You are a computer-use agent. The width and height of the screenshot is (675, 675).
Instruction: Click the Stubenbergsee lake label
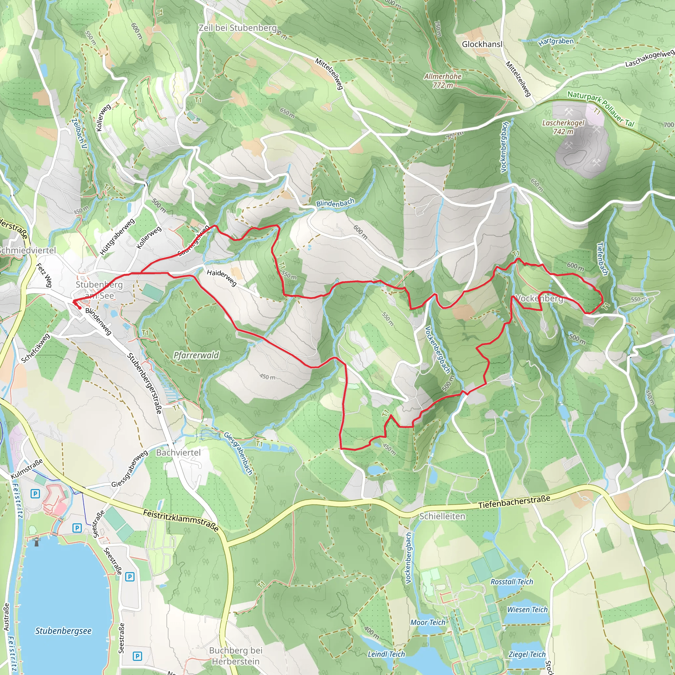pos(63,631)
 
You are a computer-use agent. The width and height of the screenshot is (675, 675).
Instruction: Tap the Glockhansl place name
pos(482,44)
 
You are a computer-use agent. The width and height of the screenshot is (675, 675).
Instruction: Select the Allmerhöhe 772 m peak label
pos(443,81)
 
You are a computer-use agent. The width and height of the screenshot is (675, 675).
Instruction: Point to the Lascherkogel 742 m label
pos(563,127)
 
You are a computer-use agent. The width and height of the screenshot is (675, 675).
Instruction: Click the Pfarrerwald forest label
pos(196,355)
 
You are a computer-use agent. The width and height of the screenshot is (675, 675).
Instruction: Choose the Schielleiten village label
pos(442,516)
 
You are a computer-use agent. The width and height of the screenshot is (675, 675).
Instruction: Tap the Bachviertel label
pos(178,453)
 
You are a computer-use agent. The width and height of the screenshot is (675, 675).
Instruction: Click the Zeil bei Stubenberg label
pos(238,28)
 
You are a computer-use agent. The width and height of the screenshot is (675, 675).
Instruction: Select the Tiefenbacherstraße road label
pos(514,502)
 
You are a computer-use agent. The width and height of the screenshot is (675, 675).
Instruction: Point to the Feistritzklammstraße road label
pos(181,520)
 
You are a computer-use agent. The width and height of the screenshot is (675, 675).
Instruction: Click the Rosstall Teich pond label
pos(512,582)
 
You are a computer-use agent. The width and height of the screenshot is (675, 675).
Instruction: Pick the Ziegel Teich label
pos(527,654)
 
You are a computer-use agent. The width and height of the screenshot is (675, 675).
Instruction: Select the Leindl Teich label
pos(386,654)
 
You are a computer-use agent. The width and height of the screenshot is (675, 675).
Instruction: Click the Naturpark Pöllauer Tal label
pos(600,109)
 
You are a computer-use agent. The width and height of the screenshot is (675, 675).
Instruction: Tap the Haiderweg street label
pos(221,278)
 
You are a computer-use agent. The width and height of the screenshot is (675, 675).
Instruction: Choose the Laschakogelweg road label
pos(649,59)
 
